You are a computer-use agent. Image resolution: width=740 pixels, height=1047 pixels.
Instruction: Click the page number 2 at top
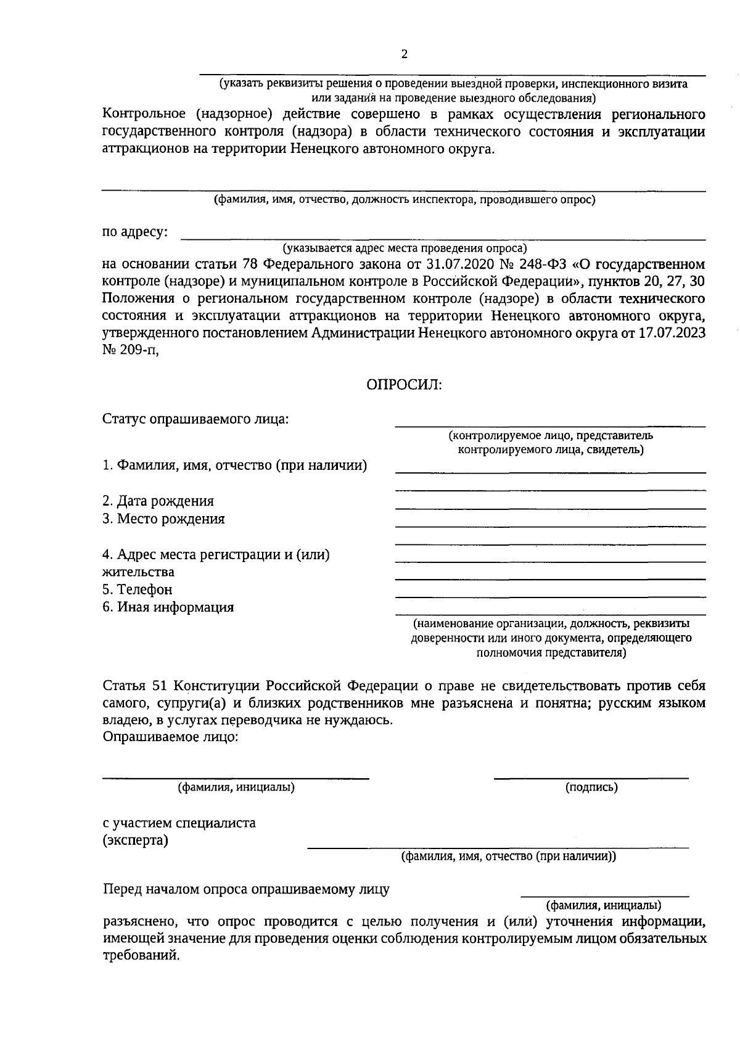tap(405, 54)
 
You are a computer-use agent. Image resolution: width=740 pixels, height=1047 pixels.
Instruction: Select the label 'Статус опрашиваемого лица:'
tap(195, 419)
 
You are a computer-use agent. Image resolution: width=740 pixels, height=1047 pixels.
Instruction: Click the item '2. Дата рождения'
tap(158, 501)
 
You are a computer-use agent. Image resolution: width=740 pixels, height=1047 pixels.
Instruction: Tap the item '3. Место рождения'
tap(163, 519)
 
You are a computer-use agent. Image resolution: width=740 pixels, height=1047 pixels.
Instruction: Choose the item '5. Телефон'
tap(138, 589)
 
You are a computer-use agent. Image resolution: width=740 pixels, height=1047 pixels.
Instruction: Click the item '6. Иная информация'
tap(168, 607)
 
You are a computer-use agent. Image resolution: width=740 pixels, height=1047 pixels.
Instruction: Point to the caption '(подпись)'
tap(591, 787)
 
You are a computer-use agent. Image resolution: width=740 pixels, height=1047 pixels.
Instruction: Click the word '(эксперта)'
tap(135, 840)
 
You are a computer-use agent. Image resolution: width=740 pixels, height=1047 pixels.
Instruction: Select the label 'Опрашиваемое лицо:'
tap(170, 737)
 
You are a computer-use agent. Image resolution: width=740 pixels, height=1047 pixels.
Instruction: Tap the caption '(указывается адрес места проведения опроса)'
tap(405, 248)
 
